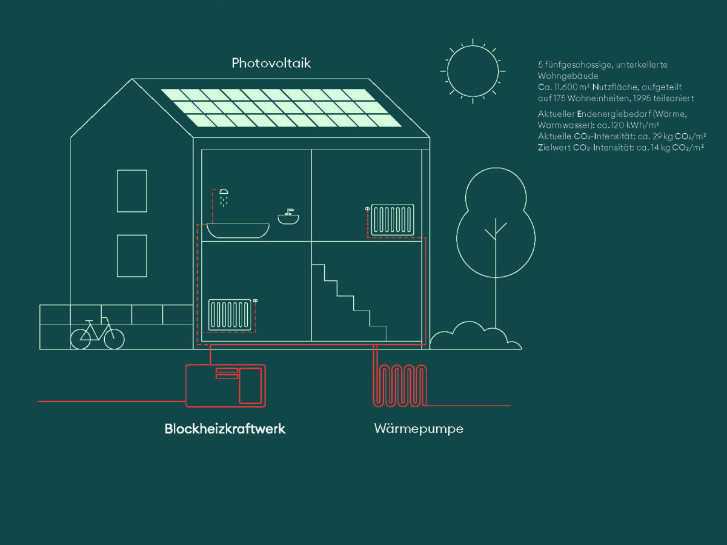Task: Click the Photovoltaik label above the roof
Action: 271,63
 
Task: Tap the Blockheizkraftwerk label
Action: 225,429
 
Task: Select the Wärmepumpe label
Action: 419,429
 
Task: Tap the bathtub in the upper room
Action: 238,230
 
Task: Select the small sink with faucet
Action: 289,217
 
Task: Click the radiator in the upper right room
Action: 393,219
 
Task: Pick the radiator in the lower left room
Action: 230,314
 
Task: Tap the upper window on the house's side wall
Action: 132,191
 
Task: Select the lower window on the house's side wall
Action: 132,256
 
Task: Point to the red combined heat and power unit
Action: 225,385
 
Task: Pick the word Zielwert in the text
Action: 553,147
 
